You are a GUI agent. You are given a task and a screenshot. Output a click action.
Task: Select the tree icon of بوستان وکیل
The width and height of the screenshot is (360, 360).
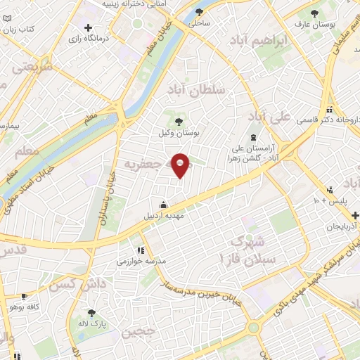[x=179, y=122]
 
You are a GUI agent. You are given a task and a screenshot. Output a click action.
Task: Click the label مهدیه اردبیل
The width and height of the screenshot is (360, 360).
[x=164, y=216]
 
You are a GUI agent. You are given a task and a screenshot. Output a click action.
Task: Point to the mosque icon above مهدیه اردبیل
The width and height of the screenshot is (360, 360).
[x=164, y=205]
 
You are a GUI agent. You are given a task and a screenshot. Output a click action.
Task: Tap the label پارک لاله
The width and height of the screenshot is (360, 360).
[x=91, y=323]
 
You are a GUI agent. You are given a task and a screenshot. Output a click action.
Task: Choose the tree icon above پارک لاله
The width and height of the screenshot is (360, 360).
[x=91, y=313]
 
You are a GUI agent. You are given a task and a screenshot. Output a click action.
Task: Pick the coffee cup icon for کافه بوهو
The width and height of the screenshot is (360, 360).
[x=24, y=297]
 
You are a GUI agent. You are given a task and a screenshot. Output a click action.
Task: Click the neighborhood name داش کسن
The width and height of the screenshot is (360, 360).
[x=72, y=284]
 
